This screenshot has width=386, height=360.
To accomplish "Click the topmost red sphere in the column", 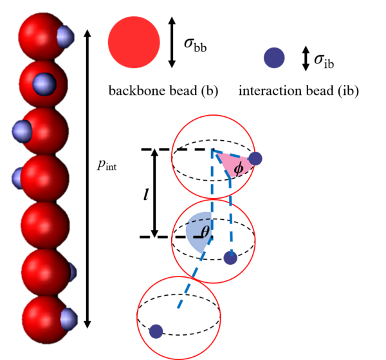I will pyautogui.click(x=40, y=36).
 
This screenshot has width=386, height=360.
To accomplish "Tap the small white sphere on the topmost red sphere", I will pyautogui.click(x=65, y=37).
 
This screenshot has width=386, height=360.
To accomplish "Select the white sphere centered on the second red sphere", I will pyautogui.click(x=44, y=84).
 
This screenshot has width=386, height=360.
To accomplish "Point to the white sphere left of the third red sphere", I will pyautogui.click(x=21, y=131).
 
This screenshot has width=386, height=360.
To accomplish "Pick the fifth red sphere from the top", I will pyautogui.click(x=44, y=225).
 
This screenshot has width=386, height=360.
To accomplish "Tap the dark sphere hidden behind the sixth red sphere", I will pyautogui.click(x=73, y=272).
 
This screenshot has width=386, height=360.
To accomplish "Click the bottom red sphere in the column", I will pyautogui.click(x=44, y=319).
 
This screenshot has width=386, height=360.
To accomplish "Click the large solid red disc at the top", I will pyautogui.click(x=134, y=42).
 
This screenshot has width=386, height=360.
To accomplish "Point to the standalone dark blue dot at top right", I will pyautogui.click(x=274, y=58).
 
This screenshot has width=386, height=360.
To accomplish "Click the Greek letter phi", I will pyautogui.click(x=238, y=168).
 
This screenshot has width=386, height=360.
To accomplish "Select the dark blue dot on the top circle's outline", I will pyautogui.click(x=255, y=158).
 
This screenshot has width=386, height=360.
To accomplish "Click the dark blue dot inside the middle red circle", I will pyautogui.click(x=230, y=258).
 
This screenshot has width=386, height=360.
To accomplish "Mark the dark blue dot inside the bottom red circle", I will pyautogui.click(x=156, y=331).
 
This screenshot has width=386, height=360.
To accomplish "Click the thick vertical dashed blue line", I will pyautogui.click(x=212, y=183).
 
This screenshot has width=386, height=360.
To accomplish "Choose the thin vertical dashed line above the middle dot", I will pyautogui.click(x=230, y=212).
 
